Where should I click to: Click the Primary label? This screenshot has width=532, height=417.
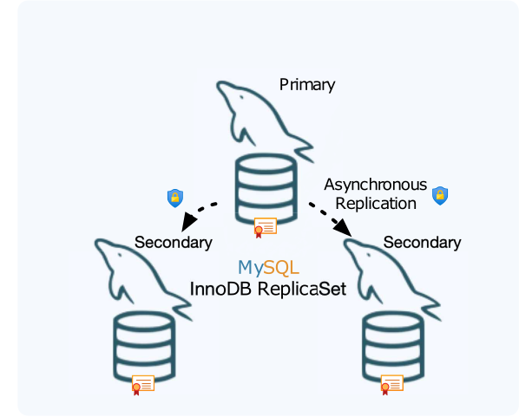tap(307, 85)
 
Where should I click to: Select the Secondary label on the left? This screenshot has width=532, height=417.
tap(173, 242)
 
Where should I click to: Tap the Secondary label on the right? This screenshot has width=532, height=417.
tap(422, 242)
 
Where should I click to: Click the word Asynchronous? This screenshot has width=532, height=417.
tap(375, 185)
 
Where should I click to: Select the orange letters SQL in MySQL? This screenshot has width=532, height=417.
tap(281, 268)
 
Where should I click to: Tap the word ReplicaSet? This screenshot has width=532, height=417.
tap(307, 290)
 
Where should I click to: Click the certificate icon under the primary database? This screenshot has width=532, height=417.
tap(265, 228)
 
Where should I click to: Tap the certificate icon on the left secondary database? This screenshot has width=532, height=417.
tap(141, 385)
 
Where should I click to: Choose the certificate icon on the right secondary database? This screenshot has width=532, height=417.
tap(391, 385)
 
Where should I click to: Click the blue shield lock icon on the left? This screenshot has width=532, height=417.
tap(175, 199)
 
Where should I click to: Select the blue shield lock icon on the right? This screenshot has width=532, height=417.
tap(440, 194)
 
